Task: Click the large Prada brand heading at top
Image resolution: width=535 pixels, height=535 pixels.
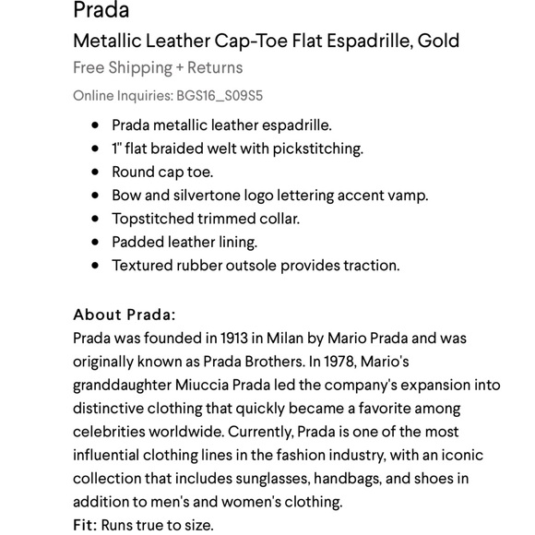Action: (101, 11)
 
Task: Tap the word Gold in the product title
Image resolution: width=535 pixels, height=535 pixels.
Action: (437, 41)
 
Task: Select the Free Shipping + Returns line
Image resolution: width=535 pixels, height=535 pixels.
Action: (158, 67)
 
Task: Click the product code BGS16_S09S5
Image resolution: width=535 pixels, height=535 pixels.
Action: (220, 95)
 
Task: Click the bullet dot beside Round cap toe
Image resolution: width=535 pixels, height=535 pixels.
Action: (95, 172)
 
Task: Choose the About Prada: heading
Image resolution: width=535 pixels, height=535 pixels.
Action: (124, 314)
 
